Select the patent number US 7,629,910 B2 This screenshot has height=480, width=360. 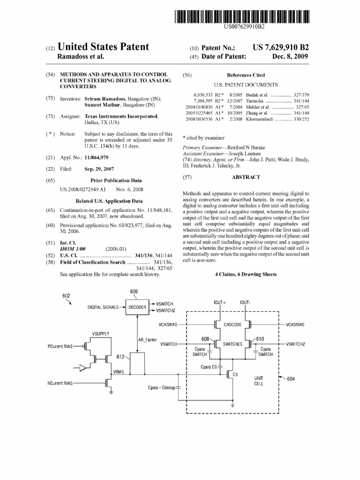(x=281, y=47)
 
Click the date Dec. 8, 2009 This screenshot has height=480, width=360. (x=291, y=57)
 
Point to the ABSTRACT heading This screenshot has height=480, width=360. (x=246, y=177)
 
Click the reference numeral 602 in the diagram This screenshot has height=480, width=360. (x=67, y=296)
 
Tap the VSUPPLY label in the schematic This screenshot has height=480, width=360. (x=100, y=334)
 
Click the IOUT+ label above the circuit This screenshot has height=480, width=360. (x=220, y=302)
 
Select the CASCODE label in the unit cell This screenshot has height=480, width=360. (x=232, y=324)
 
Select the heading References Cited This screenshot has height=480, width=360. (x=246, y=75)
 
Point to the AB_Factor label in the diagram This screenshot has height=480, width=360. (x=147, y=339)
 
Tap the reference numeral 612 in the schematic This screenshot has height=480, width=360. (x=120, y=357)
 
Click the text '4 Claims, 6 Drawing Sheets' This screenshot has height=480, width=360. (x=246, y=274)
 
